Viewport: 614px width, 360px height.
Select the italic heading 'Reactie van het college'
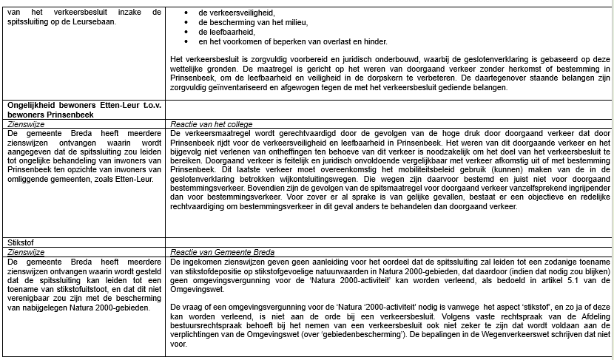[211, 124]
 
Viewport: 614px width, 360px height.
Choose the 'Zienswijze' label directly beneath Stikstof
[25, 252]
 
